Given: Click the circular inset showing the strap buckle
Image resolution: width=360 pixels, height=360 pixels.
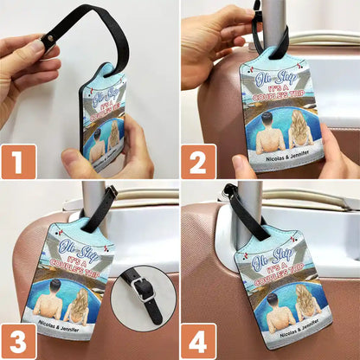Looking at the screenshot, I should click(143, 295).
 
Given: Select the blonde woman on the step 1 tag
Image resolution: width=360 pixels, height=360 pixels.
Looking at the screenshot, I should click(112, 138).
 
